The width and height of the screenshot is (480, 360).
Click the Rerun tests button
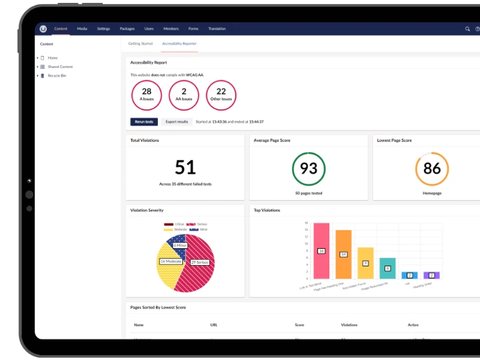click(144, 122)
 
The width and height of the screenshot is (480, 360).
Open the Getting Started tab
click(140, 44)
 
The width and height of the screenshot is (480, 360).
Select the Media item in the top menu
click(82, 29)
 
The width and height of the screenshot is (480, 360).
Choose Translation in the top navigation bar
click(217, 29)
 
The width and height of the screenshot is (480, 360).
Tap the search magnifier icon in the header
click(467, 29)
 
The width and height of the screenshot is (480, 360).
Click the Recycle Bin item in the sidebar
click(57, 75)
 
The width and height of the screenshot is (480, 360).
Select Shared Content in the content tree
click(60, 67)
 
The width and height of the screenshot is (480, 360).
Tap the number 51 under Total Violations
click(185, 167)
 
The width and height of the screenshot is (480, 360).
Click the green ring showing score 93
click(309, 168)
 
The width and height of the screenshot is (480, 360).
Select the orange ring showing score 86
click(432, 168)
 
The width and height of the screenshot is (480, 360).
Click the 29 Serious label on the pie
click(200, 262)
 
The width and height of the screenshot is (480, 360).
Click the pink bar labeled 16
click(321, 251)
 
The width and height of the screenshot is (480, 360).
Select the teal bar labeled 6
click(388, 268)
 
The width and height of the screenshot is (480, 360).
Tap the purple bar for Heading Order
click(431, 275)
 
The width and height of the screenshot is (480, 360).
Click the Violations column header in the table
click(349, 325)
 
